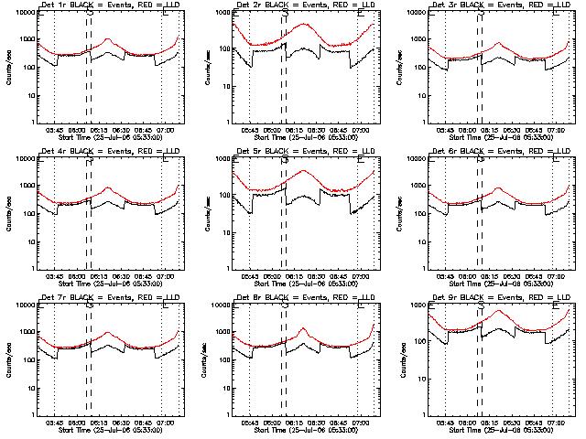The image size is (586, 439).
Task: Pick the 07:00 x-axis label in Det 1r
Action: (165, 129)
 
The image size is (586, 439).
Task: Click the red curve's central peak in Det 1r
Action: (108, 39)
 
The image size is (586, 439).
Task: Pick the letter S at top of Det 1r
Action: (89, 14)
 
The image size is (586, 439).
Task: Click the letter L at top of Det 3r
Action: (556, 14)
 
